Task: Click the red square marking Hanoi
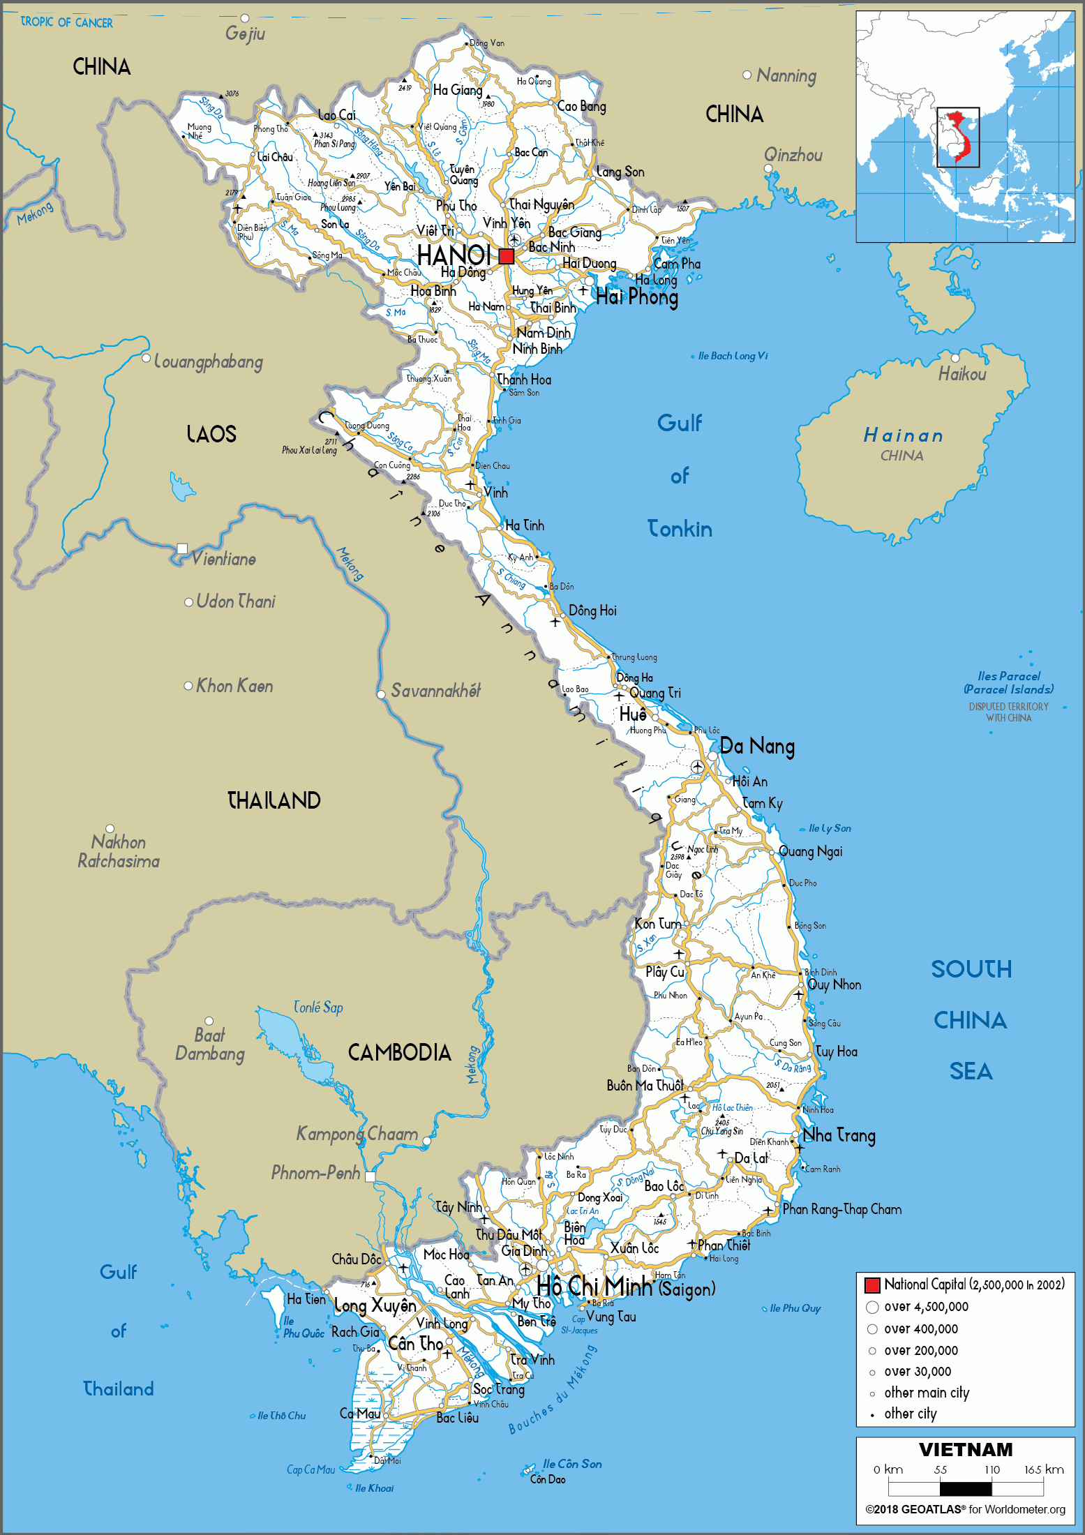pyautogui.click(x=507, y=256)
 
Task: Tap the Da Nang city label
pyautogui.click(x=757, y=747)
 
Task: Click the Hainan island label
pyautogui.click(x=904, y=436)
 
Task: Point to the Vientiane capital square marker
pyautogui.click(x=183, y=548)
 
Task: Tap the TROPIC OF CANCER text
pyautogui.click(x=66, y=22)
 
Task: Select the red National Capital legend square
pyautogui.click(x=871, y=1285)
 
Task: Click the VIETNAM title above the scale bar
pyautogui.click(x=966, y=1450)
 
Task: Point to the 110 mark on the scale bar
pyautogui.click(x=992, y=1469)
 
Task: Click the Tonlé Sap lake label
pyautogui.click(x=318, y=1008)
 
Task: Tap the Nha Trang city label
pyautogui.click(x=839, y=1135)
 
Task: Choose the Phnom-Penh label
pyautogui.click(x=315, y=1173)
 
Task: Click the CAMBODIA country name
pyautogui.click(x=399, y=1052)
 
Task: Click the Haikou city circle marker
pyautogui.click(x=955, y=358)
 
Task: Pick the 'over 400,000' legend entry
pyautogui.click(x=920, y=1329)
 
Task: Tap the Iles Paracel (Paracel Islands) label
pyautogui.click(x=1008, y=682)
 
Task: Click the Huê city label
pyautogui.click(x=633, y=714)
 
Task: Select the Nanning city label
pyautogui.click(x=786, y=75)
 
